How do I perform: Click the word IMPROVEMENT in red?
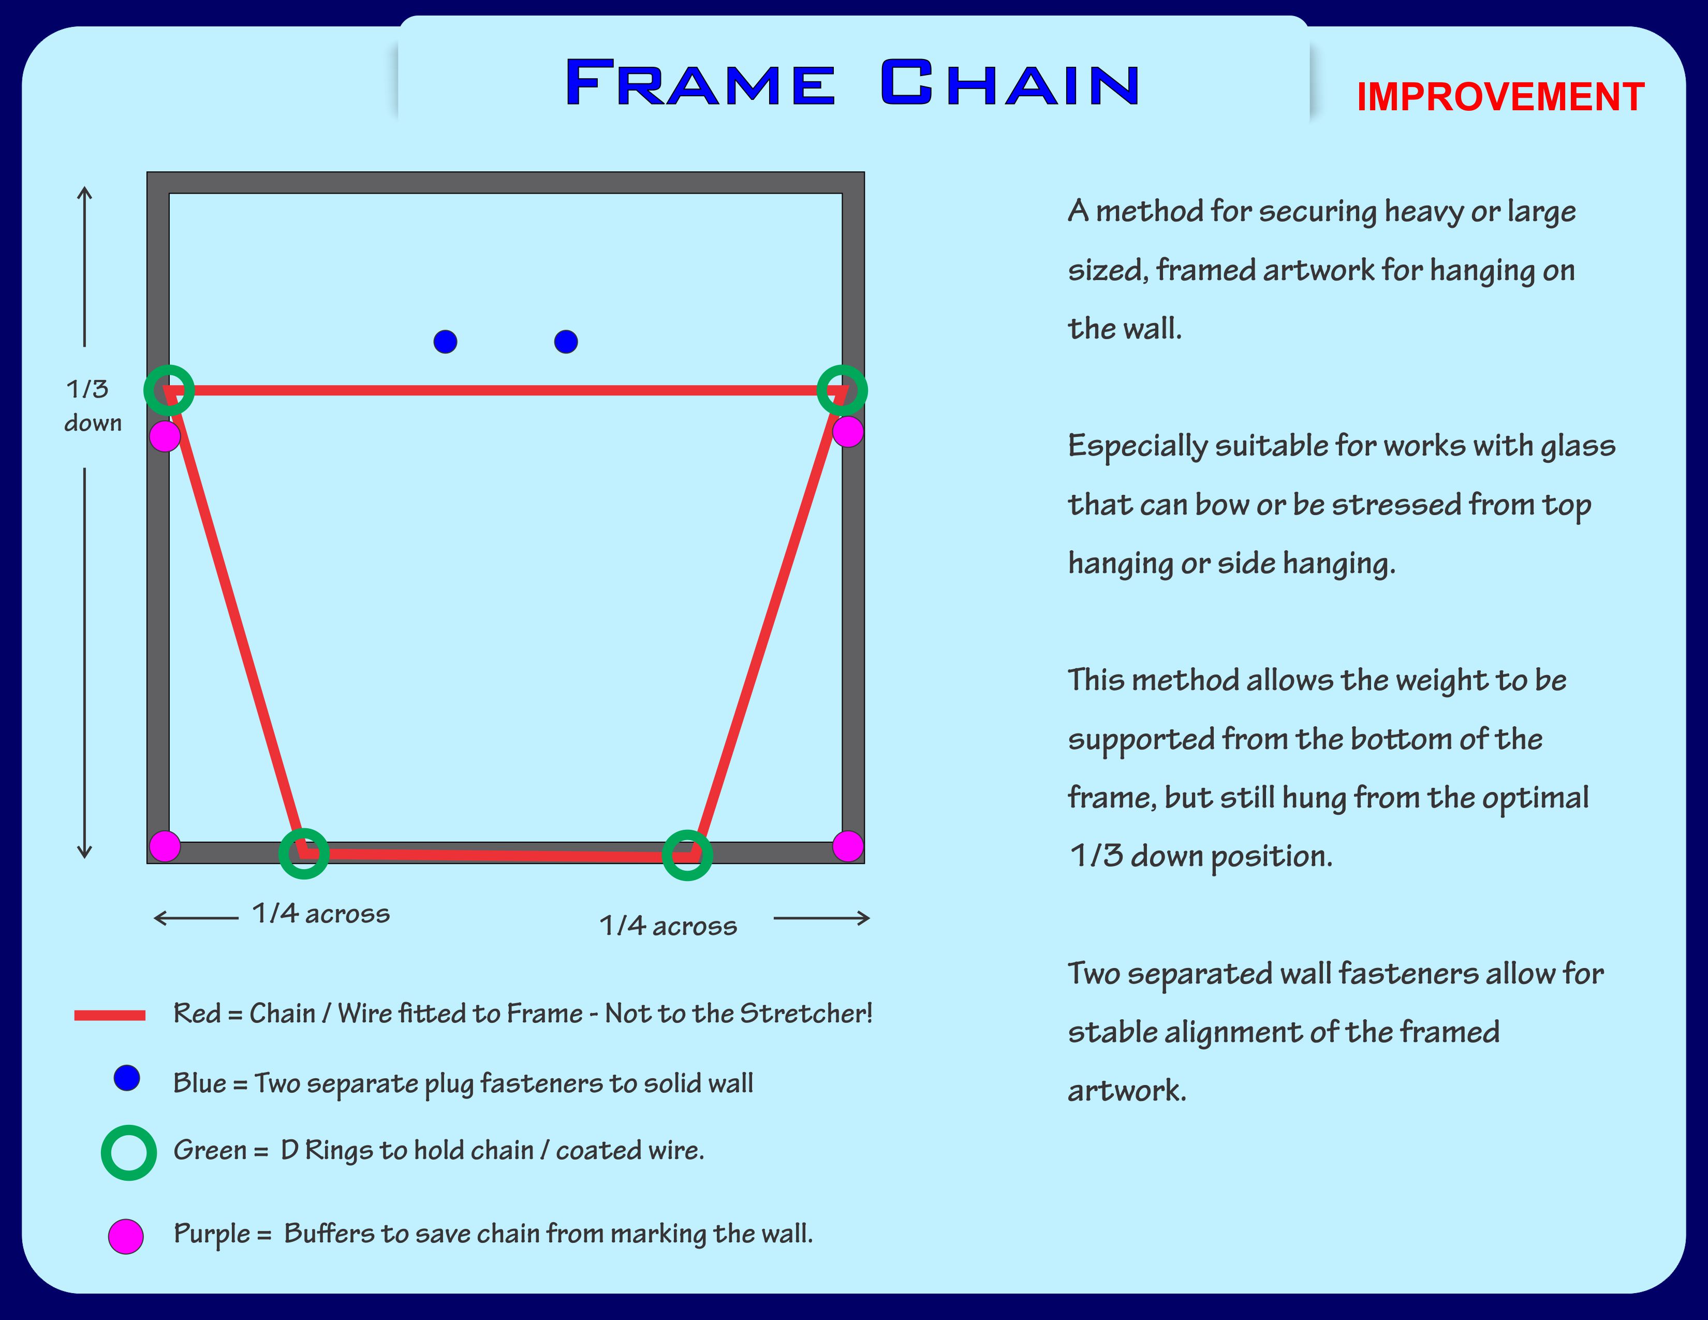point(1500,97)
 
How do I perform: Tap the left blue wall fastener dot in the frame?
point(445,342)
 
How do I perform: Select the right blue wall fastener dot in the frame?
point(565,342)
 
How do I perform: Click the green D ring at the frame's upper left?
point(169,389)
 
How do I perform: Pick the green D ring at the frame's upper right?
point(842,389)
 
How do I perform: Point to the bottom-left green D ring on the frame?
point(303,853)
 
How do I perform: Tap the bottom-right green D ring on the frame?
point(687,855)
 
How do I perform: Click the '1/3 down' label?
point(92,406)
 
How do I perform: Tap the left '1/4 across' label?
point(321,913)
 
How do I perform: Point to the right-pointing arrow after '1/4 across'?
point(821,918)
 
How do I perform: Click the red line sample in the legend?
point(110,1016)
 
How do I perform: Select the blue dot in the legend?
point(127,1078)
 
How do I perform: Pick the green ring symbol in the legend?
point(129,1153)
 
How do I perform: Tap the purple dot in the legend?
point(126,1236)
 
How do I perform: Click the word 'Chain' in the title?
point(1009,83)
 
